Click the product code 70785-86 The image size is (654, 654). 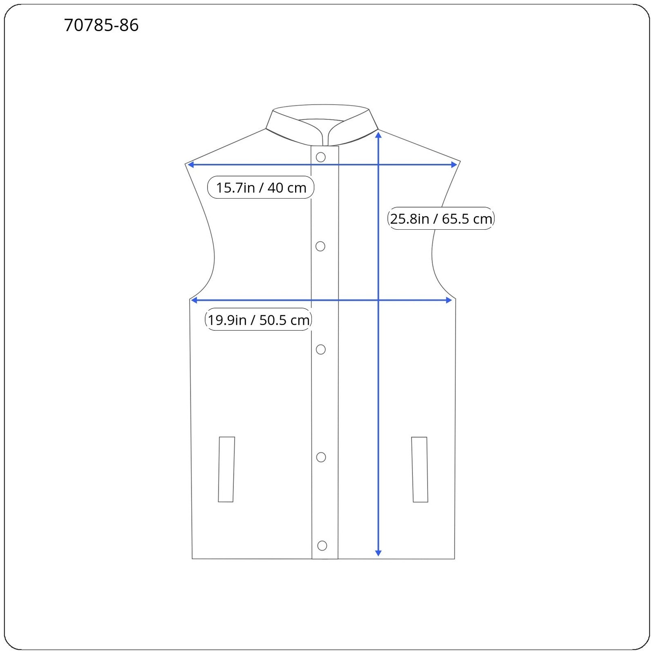(101, 25)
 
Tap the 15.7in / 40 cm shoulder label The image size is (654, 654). (261, 188)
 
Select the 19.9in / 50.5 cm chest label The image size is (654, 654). (258, 320)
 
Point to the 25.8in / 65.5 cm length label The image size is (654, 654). (441, 219)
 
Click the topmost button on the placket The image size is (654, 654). (321, 157)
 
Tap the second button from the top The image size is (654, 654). (320, 246)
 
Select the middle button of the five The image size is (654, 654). (321, 349)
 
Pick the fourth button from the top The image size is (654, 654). (321, 457)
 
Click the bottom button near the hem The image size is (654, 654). (322, 546)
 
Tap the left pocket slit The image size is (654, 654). (226, 469)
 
